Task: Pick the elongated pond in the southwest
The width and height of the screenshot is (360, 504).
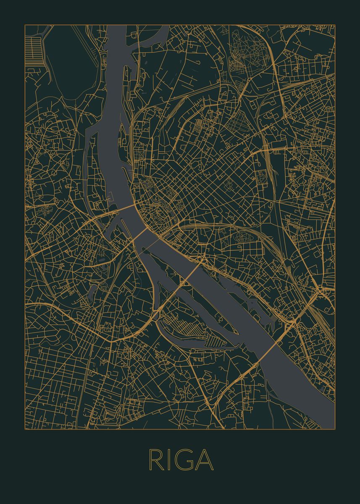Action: tap(92, 290)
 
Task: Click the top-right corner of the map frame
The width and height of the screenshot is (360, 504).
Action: tap(335, 25)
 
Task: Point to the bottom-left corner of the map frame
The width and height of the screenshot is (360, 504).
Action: tap(25, 429)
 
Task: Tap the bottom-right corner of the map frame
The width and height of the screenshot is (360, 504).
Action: tap(335, 429)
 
